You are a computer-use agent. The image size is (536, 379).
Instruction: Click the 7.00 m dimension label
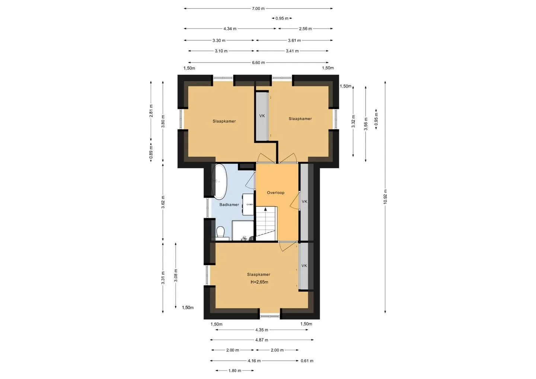(x=258, y=9)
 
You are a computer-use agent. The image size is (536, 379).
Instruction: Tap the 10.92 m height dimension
(x=385, y=197)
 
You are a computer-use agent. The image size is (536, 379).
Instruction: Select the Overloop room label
(x=276, y=192)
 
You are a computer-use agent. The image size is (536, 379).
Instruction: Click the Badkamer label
(x=229, y=204)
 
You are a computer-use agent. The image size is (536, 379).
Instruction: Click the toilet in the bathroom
(x=220, y=232)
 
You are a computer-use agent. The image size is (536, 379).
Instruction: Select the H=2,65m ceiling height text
(x=259, y=282)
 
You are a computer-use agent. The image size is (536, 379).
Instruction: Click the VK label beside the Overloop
(x=304, y=201)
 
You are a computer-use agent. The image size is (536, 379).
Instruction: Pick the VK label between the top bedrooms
(x=262, y=116)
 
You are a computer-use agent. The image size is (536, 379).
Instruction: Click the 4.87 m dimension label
(x=262, y=340)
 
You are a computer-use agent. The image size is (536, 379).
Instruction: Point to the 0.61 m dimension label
(x=307, y=361)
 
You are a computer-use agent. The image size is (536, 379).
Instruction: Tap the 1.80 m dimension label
(x=235, y=371)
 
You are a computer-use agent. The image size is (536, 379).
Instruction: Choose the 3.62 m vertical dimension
(x=163, y=202)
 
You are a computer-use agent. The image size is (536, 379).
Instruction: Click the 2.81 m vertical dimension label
(x=151, y=111)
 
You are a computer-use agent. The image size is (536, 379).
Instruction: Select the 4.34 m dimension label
(x=230, y=29)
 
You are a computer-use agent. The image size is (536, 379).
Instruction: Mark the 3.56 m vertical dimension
(x=366, y=124)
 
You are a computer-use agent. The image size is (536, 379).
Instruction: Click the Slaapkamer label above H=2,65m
(x=259, y=274)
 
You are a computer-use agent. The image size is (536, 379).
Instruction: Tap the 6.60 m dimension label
(x=258, y=63)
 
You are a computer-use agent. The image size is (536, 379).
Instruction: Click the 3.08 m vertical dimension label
(x=176, y=276)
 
